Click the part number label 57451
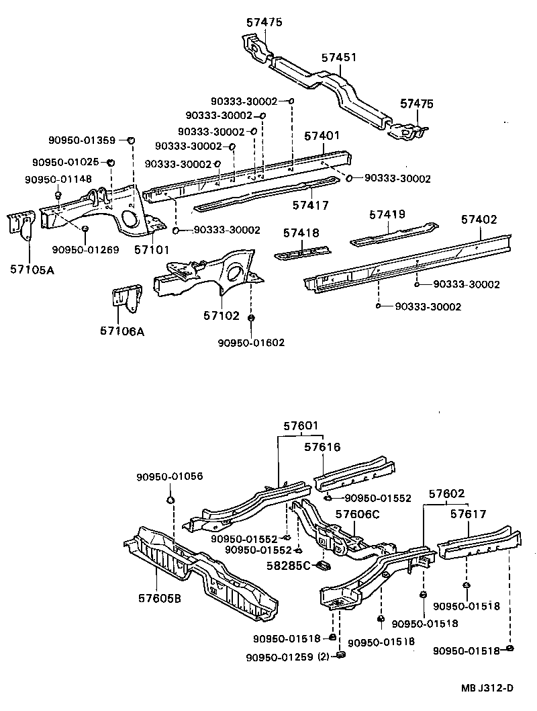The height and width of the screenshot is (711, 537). pos(338,58)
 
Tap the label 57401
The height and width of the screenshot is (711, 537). pos(322,136)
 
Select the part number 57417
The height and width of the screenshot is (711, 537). pos(310,205)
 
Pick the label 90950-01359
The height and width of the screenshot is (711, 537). pos(82,140)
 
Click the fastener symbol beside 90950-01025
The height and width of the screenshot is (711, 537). pos(111,163)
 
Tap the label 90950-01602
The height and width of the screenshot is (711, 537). pos(251,343)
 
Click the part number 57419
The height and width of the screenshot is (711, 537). pos(387,215)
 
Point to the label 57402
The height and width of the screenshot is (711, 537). pos(479,219)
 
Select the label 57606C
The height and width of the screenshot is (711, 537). pos(358,514)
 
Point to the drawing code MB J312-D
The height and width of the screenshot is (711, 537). pos(487,687)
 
